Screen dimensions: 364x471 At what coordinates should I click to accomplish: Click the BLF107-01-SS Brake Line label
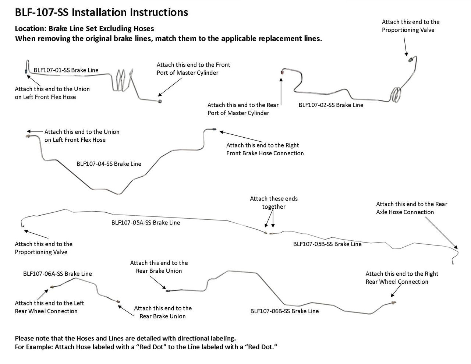(66, 70)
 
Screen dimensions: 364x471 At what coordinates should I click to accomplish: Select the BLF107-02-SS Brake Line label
(331, 105)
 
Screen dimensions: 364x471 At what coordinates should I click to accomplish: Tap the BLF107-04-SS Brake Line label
(109, 164)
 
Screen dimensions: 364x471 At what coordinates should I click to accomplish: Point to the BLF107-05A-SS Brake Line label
(146, 222)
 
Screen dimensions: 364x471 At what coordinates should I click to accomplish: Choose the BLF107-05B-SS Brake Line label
(327, 244)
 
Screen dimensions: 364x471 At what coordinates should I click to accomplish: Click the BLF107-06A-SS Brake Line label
(57, 274)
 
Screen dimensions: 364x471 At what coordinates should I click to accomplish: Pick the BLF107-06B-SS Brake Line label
(284, 311)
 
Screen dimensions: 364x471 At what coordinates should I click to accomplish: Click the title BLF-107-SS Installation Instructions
(101, 13)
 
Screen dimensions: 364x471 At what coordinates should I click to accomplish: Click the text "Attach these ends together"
(274, 202)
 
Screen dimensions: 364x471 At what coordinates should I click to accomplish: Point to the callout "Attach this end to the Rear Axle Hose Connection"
(411, 208)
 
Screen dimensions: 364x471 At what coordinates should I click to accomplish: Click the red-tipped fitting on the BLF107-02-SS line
(282, 73)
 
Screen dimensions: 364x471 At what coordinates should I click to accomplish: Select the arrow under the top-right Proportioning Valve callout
(406, 47)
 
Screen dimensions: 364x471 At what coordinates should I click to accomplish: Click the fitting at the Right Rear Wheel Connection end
(394, 303)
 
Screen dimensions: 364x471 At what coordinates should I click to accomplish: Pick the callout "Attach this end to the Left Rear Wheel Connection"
(49, 307)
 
